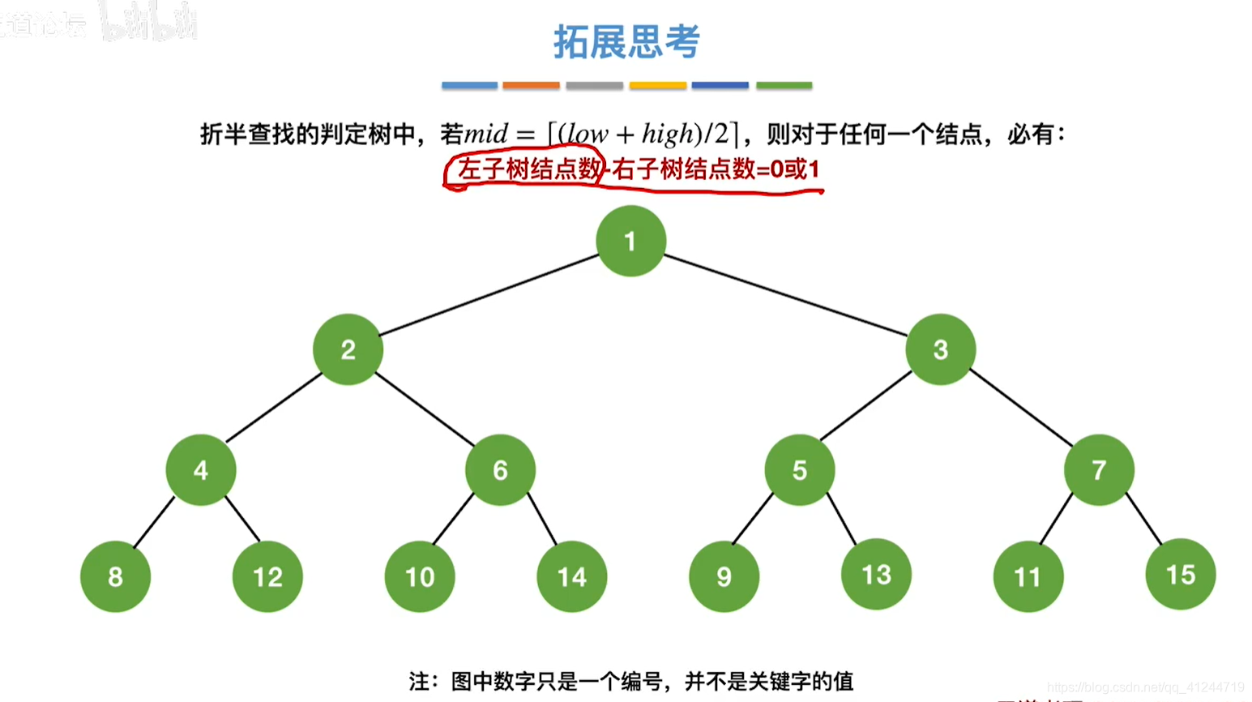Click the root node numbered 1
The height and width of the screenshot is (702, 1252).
pos(630,241)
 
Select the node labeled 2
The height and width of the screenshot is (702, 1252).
pos(348,349)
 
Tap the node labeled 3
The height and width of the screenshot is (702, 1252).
pos(940,349)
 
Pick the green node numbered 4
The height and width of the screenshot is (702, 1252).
pos(201,470)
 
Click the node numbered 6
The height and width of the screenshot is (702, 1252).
pos(500,470)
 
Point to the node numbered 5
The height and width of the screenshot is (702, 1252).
pos(799,470)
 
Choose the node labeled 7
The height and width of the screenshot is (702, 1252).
pos(1099,470)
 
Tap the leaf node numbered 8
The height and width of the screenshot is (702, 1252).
pos(115,576)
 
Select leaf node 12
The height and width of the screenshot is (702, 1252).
pos(267,576)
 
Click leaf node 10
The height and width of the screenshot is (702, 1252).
pos(420,576)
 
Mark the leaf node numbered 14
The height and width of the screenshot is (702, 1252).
pos(571,576)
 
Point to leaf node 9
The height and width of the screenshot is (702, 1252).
pos(724,576)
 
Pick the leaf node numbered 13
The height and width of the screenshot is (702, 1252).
pos(876,574)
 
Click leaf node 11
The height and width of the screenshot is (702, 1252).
pos(1028,576)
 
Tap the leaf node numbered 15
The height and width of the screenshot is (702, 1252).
pos(1180,574)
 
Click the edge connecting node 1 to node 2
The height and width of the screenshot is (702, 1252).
pos(489,295)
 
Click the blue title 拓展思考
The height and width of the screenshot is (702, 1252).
pos(626,41)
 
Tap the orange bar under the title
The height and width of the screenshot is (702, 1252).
pos(531,85)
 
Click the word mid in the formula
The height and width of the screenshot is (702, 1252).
pos(486,134)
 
